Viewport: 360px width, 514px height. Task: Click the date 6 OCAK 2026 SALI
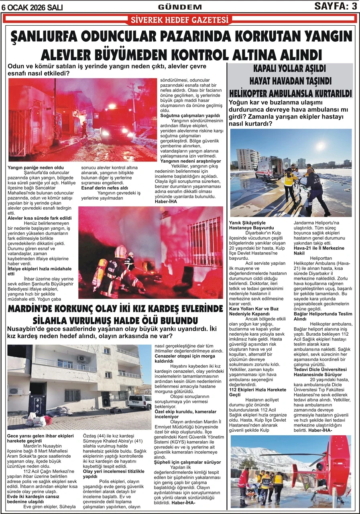32,7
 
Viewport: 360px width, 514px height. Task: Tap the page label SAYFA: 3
336,6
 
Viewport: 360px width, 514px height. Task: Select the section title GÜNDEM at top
180,7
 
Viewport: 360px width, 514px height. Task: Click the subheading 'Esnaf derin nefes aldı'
105,188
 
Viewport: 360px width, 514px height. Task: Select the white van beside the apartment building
140,402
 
